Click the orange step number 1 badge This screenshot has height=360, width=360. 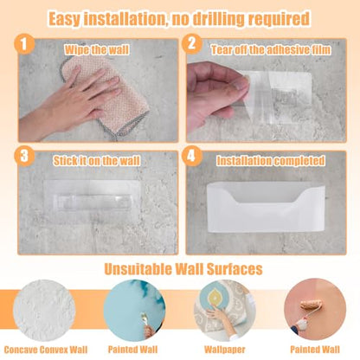24,44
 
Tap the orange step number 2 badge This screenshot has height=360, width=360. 192,43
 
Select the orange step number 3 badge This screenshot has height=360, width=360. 24,156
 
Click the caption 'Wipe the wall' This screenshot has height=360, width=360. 97,50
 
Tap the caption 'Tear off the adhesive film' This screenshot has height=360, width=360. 271,50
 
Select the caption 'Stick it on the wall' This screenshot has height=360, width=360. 97,161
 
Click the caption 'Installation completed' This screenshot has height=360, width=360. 271,161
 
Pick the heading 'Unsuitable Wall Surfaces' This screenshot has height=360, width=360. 183,269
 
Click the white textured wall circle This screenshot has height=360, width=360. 44,311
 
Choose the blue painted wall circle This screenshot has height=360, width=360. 134,311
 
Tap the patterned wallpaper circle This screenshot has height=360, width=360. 225,311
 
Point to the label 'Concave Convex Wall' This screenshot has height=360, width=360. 46,350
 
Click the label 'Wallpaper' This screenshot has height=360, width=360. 225,350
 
